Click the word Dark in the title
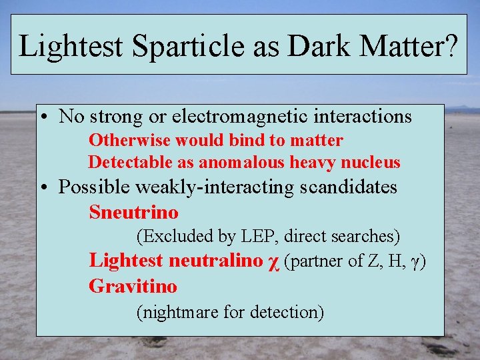(x=314, y=45)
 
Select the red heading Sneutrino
(x=134, y=213)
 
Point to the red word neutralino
(x=216, y=261)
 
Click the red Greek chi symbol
(x=272, y=262)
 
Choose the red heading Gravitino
(x=133, y=287)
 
